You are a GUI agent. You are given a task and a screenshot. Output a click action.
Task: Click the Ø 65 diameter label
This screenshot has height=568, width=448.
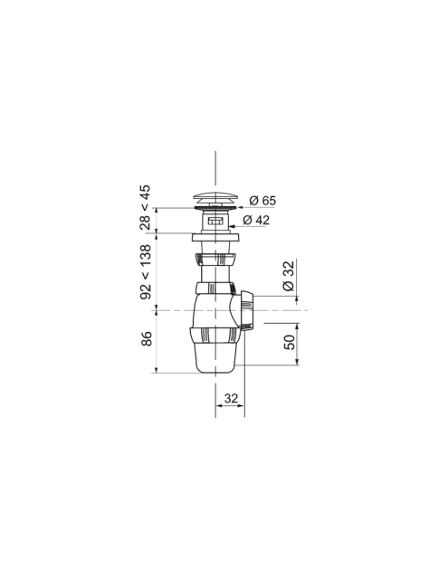pos(262,200)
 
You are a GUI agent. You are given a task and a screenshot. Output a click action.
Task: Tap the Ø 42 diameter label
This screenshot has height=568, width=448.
pos(256,220)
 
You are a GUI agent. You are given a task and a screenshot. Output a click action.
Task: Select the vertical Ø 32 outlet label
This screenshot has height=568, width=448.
pos(289,276)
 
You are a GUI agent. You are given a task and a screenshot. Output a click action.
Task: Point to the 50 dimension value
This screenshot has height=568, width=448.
pos(290,342)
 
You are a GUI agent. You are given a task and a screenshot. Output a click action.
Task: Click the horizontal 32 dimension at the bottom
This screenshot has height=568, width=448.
pos(231,399)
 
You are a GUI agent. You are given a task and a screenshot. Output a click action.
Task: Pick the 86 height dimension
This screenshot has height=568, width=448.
pos(147,338)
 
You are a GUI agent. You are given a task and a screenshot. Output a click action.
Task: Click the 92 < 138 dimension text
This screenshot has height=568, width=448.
pos(146,271)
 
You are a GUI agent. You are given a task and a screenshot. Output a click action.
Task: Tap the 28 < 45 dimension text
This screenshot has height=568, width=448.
pos(145,207)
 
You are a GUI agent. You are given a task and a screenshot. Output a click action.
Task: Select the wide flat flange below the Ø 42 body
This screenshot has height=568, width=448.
pos(215,237)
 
